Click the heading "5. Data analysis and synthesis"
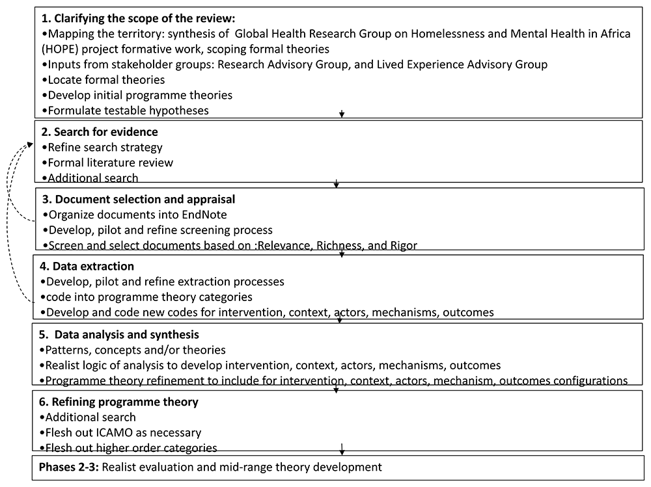click(x=121, y=335)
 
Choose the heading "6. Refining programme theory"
click(x=119, y=402)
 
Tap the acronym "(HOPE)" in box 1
click(x=61, y=49)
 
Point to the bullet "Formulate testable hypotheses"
click(x=128, y=111)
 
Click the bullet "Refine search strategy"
click(x=105, y=148)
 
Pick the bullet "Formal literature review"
click(x=110, y=163)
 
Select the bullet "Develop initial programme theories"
click(x=140, y=95)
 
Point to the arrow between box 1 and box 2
click(x=342, y=114)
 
